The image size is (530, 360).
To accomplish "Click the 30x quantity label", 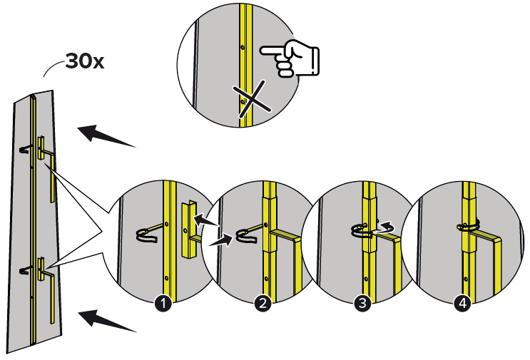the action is (85, 61).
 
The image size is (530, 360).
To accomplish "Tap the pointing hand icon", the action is (290, 58).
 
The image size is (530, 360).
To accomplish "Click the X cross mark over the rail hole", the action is (252, 100).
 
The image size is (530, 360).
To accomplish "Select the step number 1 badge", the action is (163, 303).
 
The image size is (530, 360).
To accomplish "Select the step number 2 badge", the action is (263, 303).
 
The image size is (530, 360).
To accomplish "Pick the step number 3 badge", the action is (362, 303).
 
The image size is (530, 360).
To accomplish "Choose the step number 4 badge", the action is (462, 303).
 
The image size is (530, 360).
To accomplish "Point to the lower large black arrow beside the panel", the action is (108, 321).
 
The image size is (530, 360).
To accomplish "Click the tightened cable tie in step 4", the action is (469, 225).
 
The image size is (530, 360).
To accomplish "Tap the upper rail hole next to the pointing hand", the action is (243, 47).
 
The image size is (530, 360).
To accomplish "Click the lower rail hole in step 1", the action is (166, 278).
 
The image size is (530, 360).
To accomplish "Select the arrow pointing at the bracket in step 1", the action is (206, 220).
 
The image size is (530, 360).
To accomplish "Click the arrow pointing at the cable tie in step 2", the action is (220, 241).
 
